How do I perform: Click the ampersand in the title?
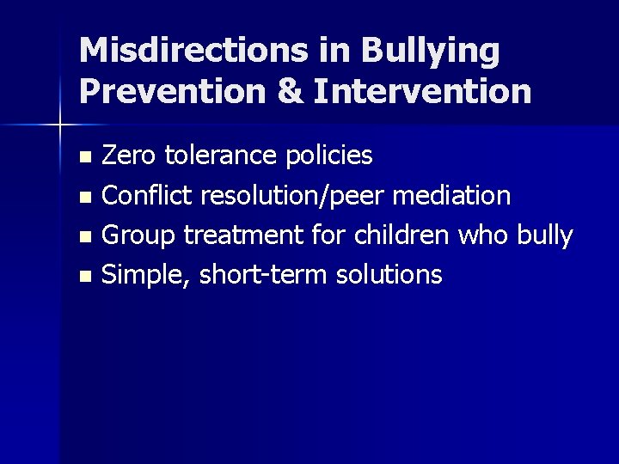coord(290,91)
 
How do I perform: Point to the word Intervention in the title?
coord(423,91)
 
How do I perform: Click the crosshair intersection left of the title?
coord(59,125)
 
